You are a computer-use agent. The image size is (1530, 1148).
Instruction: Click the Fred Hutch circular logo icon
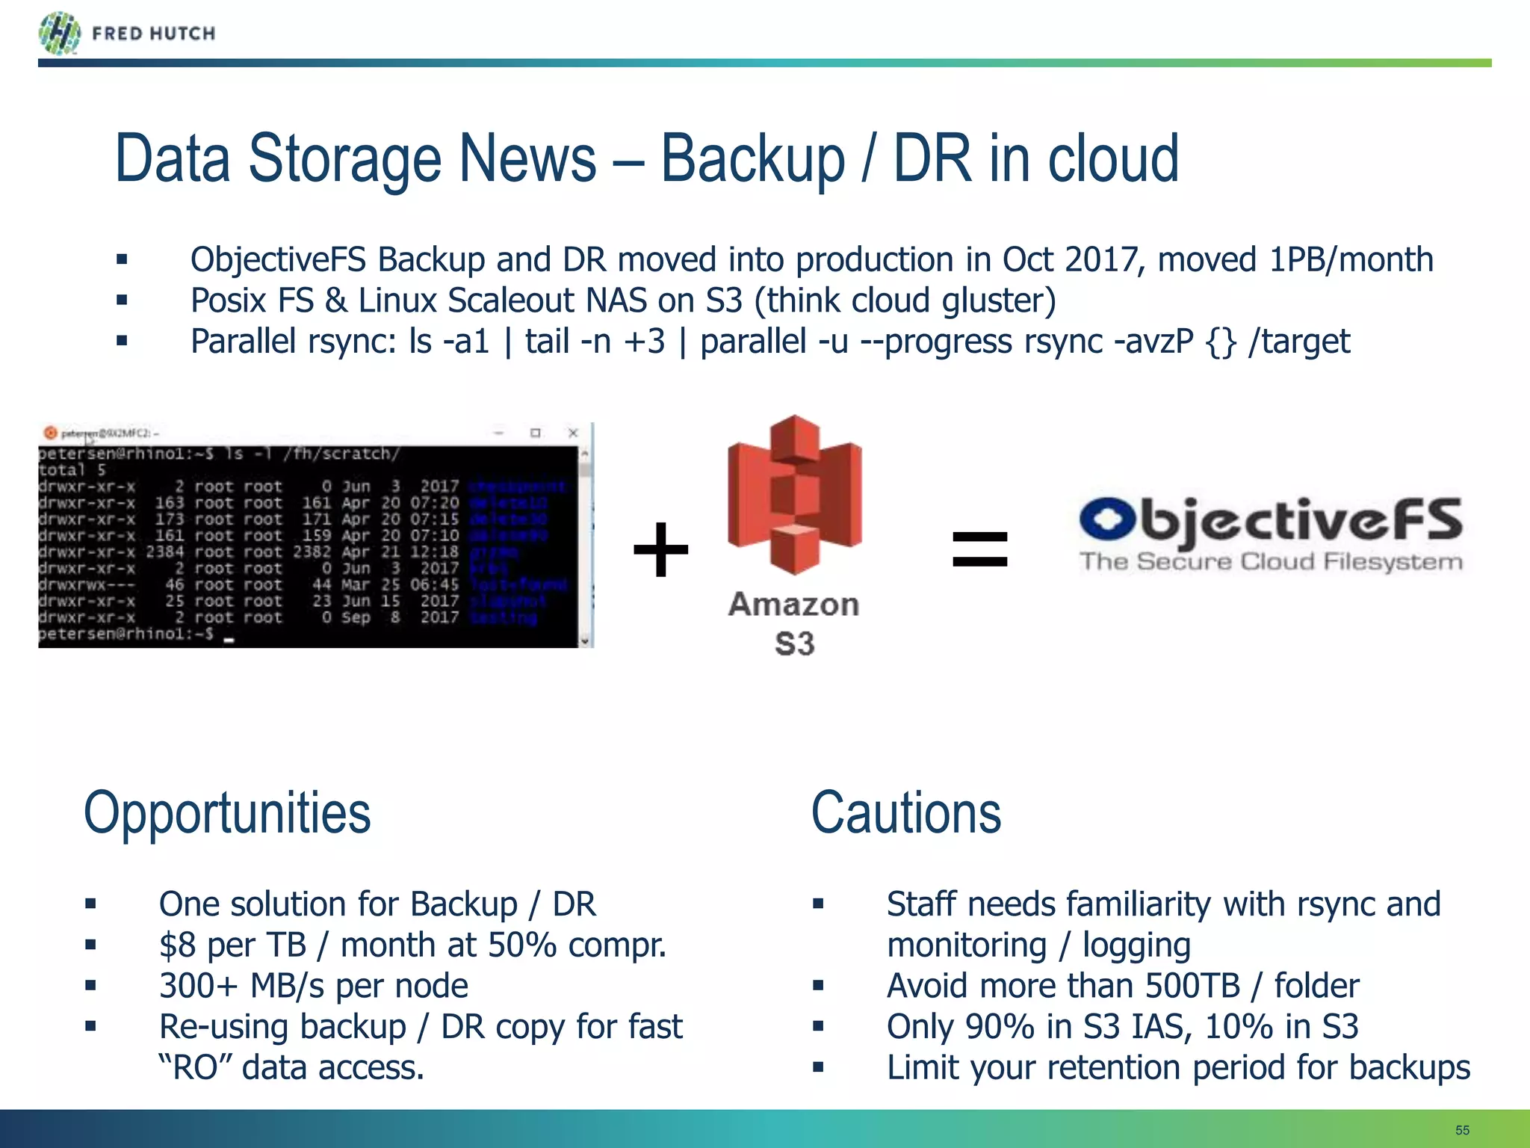click(x=59, y=33)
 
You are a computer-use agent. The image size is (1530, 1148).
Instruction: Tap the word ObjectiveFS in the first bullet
click(x=278, y=260)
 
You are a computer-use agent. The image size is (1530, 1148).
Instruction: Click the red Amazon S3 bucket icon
click(x=794, y=496)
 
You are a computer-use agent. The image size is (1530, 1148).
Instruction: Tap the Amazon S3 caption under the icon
click(x=794, y=624)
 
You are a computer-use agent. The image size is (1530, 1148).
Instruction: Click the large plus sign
click(x=660, y=550)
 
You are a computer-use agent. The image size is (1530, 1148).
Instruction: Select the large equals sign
click(x=979, y=549)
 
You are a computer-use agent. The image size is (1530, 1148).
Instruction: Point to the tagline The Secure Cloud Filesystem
click(x=1271, y=561)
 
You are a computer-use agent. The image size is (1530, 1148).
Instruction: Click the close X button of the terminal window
click(x=573, y=433)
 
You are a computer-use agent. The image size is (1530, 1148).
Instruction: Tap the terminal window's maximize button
click(x=535, y=433)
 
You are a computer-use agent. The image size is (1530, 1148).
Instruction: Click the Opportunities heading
click(x=227, y=813)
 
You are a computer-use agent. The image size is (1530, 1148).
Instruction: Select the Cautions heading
click(x=905, y=813)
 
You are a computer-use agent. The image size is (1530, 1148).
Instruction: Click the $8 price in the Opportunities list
click(x=177, y=945)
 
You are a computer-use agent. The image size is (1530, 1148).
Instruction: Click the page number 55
click(x=1462, y=1130)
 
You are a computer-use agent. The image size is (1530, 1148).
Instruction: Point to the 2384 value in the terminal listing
click(x=164, y=552)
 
